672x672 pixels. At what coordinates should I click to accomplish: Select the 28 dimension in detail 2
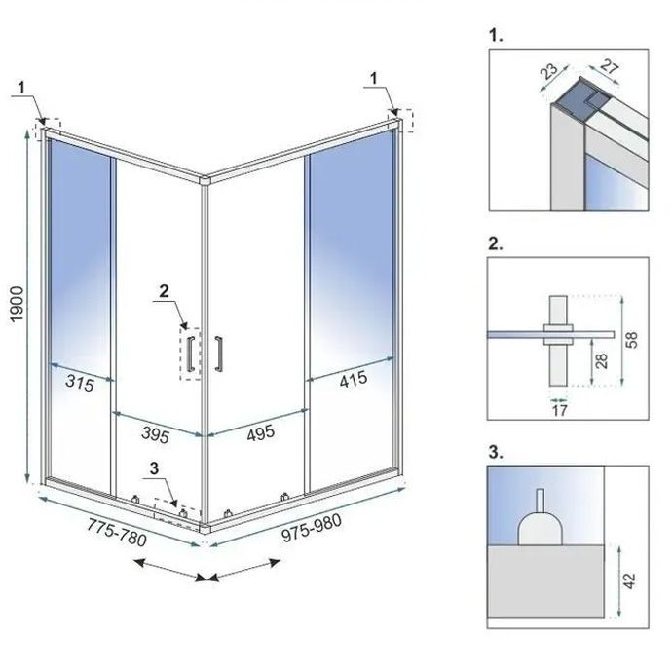point(602,362)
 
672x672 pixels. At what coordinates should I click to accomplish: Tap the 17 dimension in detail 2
point(557,410)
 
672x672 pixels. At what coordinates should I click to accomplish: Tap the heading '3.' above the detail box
point(496,452)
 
